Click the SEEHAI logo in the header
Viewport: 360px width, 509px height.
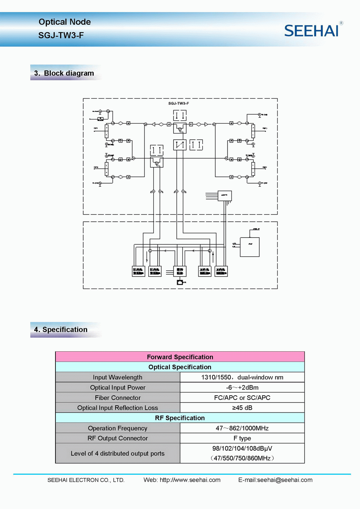(x=312, y=31)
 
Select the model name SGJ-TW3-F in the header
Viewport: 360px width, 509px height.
(x=61, y=35)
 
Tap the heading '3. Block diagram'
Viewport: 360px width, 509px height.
(x=64, y=73)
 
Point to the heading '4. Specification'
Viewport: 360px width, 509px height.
(x=61, y=329)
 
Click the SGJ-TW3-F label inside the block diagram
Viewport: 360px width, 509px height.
(x=179, y=103)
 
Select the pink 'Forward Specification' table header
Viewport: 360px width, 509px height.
(x=180, y=357)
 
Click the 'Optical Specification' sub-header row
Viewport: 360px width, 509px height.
(x=180, y=367)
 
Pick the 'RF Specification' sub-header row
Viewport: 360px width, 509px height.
(x=180, y=418)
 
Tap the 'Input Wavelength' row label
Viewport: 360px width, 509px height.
(x=118, y=377)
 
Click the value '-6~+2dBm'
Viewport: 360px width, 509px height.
(x=242, y=387)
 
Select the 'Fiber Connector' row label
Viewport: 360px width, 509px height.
(x=118, y=398)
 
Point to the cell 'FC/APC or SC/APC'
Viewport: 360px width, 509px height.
(x=242, y=398)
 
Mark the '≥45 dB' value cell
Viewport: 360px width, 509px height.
(x=242, y=408)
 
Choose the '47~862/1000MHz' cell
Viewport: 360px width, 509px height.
(x=242, y=428)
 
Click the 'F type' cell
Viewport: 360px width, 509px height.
(x=242, y=438)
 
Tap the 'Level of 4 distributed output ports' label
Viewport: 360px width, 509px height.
(x=118, y=454)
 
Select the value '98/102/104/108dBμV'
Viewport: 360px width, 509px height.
(x=242, y=449)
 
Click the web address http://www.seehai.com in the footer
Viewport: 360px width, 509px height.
(x=190, y=480)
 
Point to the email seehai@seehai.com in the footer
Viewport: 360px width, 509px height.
(x=285, y=480)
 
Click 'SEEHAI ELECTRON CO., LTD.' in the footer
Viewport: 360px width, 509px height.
(x=86, y=480)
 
